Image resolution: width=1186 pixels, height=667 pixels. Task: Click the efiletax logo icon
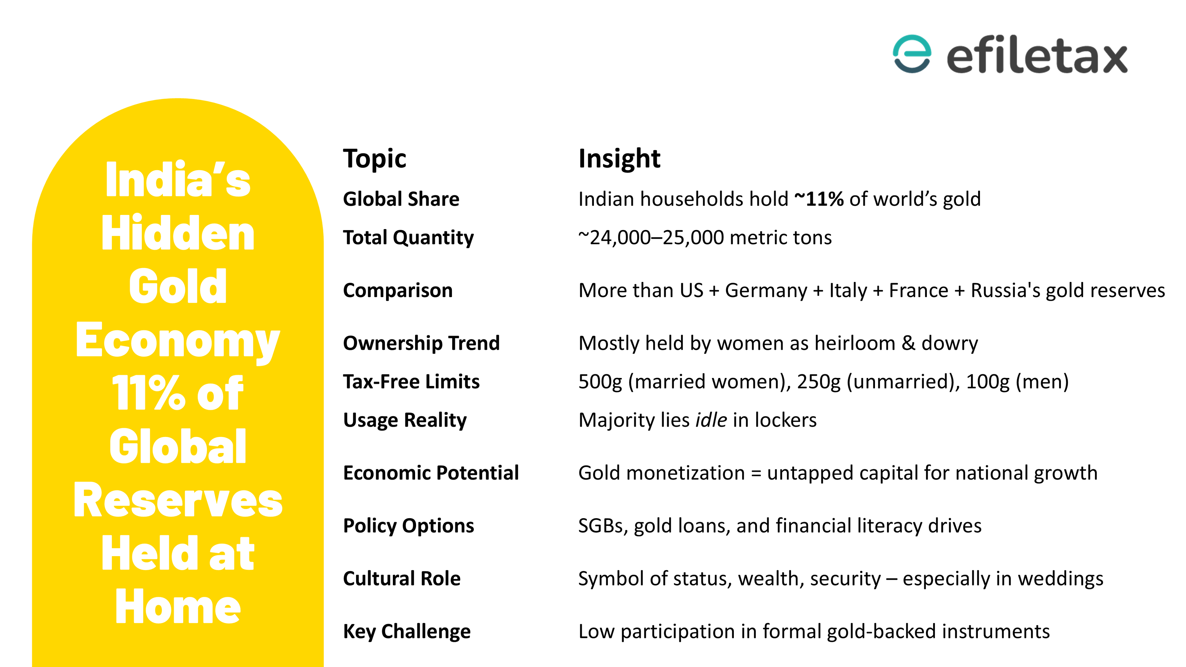912,54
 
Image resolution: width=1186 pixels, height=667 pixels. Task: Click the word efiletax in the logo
1037,56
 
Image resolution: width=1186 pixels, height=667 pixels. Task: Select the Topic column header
374,159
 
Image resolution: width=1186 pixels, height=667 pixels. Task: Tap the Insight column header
619,159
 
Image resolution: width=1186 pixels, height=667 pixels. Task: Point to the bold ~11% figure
819,199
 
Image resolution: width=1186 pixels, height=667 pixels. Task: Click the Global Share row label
401,199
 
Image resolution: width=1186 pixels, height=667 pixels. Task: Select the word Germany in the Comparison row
766,291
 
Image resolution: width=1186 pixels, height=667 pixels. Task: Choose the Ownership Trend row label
421,343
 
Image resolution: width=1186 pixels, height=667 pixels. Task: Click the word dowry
949,343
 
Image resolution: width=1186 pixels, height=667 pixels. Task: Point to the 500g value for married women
600,382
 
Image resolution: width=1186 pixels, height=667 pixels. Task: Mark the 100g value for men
988,382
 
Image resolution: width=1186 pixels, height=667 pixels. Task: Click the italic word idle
711,420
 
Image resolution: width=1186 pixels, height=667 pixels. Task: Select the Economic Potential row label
431,473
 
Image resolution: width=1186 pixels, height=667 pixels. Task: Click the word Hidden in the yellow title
178,233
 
